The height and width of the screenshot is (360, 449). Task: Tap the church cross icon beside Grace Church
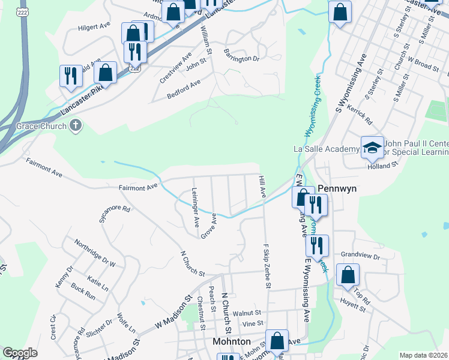coord(76,126)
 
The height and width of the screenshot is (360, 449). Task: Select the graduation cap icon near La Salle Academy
coord(372,147)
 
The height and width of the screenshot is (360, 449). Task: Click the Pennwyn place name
coord(337,188)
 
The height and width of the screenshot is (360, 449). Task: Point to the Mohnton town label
coord(232,341)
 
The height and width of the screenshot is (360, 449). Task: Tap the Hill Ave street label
coord(262,187)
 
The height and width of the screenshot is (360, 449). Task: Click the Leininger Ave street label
coord(194,207)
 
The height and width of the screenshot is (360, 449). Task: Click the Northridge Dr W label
coord(95,253)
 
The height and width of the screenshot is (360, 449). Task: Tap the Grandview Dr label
coord(360,256)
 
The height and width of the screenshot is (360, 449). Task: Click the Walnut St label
coord(247,313)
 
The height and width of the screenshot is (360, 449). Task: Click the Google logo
coord(20,353)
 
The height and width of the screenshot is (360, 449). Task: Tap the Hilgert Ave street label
coord(94,28)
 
